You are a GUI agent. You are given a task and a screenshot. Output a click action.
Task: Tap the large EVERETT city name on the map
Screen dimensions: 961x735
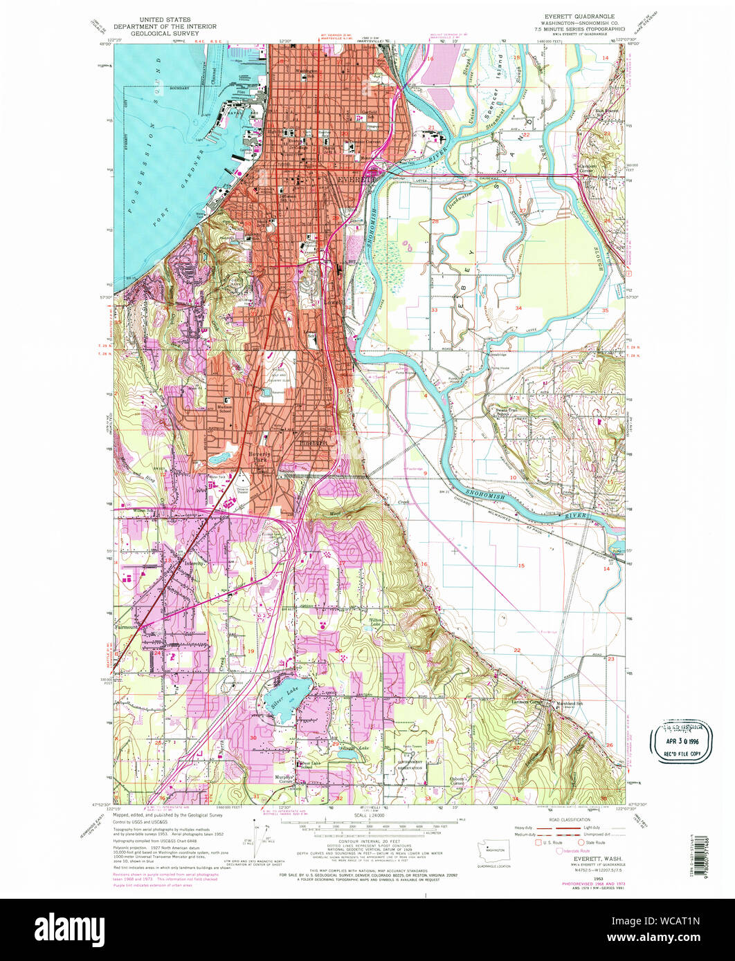pos(354,178)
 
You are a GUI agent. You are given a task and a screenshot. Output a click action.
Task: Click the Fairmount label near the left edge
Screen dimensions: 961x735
pos(129,627)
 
